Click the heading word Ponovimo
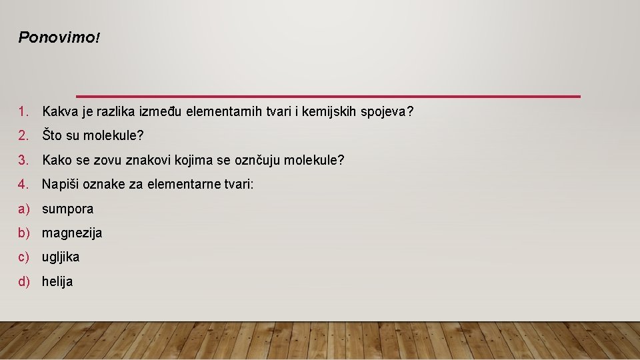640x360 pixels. tap(57, 37)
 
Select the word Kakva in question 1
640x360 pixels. tap(59, 111)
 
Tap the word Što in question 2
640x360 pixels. tap(53, 136)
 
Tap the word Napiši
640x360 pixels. tap(61, 184)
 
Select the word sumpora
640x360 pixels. tap(67, 209)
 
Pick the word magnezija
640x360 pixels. tap(72, 233)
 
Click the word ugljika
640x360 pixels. tap(61, 257)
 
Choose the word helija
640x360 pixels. tap(57, 281)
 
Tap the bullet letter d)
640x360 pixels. tap(25, 281)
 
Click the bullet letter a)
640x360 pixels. tap(25, 209)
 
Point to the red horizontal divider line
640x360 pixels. tap(328, 97)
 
